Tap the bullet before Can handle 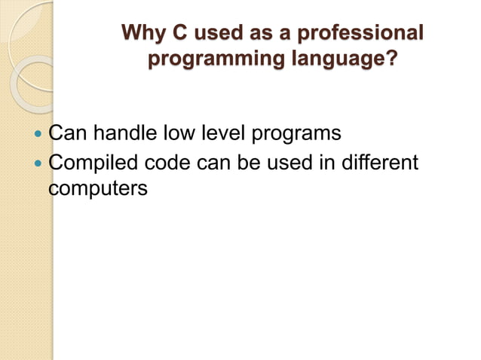tap(39, 135)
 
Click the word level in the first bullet tap(220, 134)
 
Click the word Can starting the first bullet tap(65, 134)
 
